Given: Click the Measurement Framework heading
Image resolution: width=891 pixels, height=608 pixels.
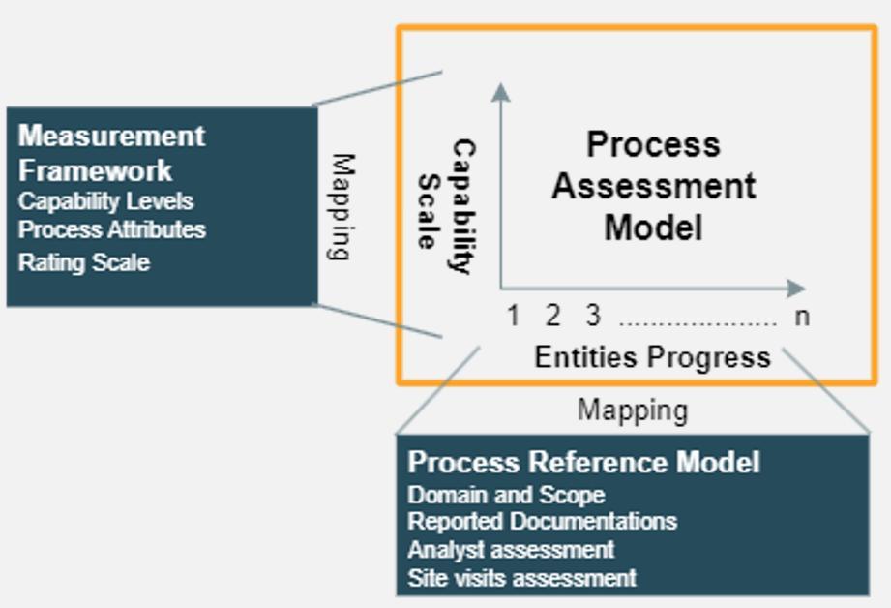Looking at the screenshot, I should [111, 152].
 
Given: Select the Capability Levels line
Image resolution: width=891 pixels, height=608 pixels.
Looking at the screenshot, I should [105, 201].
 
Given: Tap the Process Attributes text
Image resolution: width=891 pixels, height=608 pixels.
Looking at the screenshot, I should [111, 229].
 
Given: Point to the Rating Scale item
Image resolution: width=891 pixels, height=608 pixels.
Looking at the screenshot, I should [83, 261].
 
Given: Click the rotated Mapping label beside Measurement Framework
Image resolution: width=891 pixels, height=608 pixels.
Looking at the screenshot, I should [339, 206].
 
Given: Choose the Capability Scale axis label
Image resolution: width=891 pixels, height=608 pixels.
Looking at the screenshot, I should [446, 207].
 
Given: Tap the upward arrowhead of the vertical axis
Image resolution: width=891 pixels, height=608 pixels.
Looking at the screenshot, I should [500, 91].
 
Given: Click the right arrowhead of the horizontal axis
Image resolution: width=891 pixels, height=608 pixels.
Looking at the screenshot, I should [795, 288].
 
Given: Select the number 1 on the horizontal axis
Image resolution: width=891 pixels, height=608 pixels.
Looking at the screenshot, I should [514, 316].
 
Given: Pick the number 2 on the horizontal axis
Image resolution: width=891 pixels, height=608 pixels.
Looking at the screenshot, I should [552, 316].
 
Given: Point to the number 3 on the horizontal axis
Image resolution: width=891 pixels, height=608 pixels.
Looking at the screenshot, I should [592, 316].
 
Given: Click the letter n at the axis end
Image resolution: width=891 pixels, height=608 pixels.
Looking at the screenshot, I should [801, 316].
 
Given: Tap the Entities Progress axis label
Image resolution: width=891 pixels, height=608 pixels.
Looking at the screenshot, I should [652, 357].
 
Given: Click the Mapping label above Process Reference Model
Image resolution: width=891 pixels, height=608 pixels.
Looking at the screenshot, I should [633, 410].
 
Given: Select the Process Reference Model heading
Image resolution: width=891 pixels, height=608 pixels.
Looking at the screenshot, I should [583, 462].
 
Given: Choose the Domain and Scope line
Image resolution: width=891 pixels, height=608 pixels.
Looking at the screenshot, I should [506, 495].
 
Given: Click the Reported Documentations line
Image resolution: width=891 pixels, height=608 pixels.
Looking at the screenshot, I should [542, 521].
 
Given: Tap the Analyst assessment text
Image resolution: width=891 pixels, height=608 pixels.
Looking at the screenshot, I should [511, 549].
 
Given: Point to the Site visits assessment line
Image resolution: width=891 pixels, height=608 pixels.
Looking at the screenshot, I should [521, 578].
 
